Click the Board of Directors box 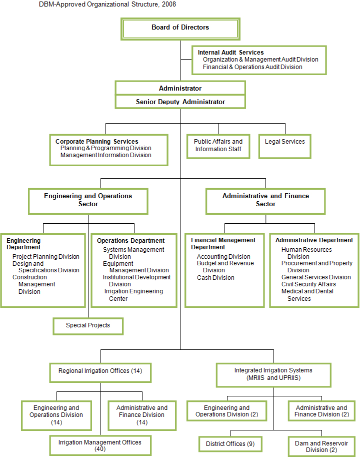180,29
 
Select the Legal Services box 285,147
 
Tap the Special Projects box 88,326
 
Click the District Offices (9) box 230,444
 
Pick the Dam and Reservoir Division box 321,446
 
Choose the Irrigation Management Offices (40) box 100,445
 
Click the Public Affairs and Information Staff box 218,147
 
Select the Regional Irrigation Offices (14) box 100,373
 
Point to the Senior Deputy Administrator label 180,102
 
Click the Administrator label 180,88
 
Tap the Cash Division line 216,278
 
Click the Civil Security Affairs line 308,284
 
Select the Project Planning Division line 46,256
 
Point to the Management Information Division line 106,155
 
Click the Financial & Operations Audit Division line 252,67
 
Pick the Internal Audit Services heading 231,52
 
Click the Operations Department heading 130,240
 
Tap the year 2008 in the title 169,4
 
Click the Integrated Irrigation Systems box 273,375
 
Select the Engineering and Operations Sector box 88,201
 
